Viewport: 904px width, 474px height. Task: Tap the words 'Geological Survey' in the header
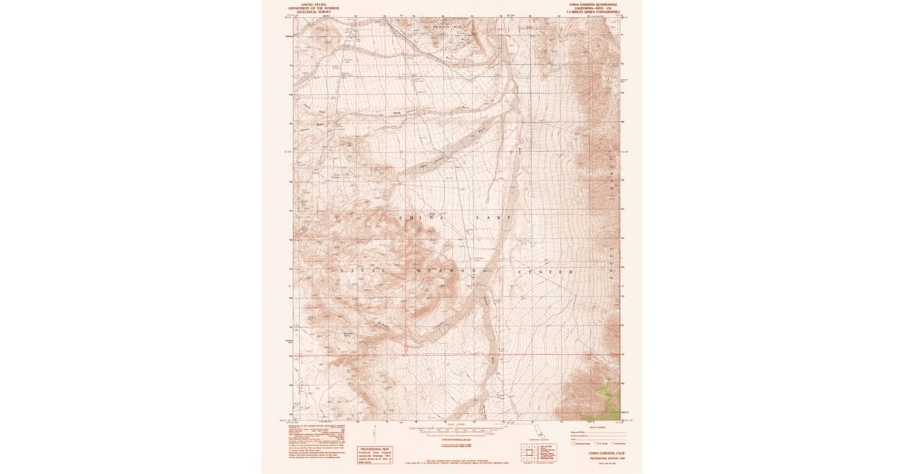[315, 13]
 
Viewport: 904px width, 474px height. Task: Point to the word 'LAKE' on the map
[493, 217]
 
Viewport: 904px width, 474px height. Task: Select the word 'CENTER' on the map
[546, 271]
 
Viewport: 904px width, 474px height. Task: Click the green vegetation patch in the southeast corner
[608, 395]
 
